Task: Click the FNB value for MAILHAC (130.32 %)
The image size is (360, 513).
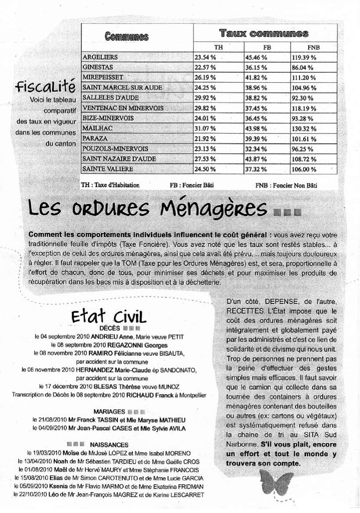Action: pos(304,129)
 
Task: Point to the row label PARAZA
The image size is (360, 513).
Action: pos(94,138)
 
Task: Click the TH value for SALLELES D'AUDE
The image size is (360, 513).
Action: pos(205,98)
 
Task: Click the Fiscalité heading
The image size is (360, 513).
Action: pos(44,85)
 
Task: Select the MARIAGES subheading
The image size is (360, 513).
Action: pos(109,411)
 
